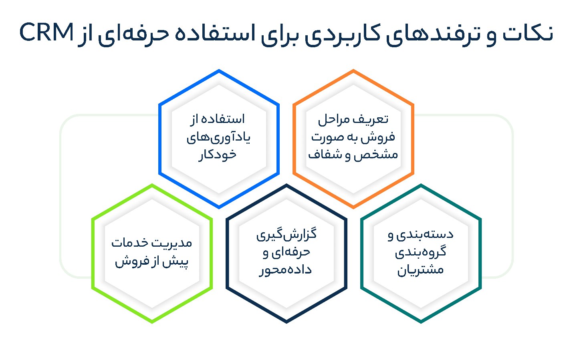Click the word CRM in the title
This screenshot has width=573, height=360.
(46, 32)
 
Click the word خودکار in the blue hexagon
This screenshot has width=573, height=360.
(218, 155)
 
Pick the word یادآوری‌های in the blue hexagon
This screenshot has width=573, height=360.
(218, 138)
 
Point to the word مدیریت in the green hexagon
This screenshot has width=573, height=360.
(172, 243)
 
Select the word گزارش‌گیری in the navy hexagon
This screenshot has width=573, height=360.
(286, 234)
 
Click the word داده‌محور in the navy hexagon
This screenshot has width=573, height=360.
(285, 270)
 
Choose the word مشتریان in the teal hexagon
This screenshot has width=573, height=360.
(420, 270)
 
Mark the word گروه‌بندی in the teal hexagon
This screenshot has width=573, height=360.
(421, 252)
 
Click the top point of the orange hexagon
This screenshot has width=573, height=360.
(353, 70)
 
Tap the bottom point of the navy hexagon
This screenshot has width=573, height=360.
(286, 323)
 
